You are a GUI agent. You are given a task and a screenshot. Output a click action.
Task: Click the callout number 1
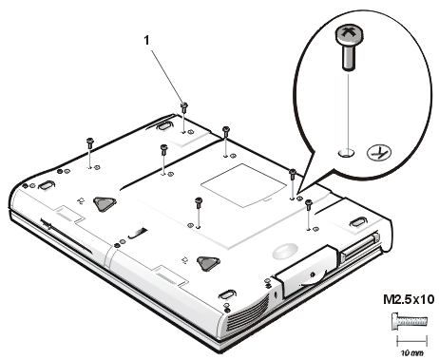(146, 40)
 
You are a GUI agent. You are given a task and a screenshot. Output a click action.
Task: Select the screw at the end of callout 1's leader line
(184, 107)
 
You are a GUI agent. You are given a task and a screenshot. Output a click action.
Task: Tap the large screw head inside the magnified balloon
(349, 35)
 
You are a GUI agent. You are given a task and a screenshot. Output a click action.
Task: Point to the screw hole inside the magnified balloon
(347, 153)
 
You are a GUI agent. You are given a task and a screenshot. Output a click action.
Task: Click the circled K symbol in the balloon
(379, 153)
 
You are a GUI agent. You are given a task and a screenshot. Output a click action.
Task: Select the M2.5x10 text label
(409, 299)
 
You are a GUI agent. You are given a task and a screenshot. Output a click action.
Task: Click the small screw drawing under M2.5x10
(410, 322)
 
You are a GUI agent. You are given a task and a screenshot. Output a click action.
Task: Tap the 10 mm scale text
(412, 352)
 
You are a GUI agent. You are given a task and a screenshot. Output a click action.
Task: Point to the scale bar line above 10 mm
(412, 341)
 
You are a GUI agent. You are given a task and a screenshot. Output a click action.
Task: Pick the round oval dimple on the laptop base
(285, 250)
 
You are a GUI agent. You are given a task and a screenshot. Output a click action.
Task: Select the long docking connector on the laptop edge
(360, 248)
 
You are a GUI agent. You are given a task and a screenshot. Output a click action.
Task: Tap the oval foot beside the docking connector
(358, 221)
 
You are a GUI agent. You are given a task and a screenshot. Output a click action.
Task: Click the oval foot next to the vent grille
(227, 294)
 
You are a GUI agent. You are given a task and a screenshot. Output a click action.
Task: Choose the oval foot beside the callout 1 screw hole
(163, 125)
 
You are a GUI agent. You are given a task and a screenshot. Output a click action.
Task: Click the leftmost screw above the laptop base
(90, 143)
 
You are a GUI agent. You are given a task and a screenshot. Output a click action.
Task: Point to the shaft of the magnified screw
(349, 56)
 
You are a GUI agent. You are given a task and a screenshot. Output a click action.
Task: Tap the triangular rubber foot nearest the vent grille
(208, 263)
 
